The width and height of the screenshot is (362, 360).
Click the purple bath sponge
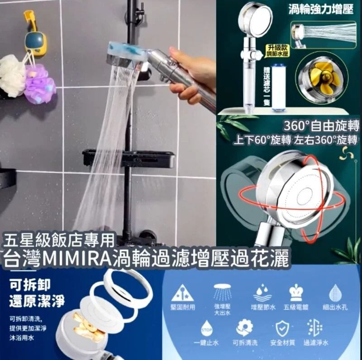coord(40,83)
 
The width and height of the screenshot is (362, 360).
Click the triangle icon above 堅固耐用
coord(183,293)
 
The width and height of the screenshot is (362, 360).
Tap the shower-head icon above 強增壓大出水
coord(222,292)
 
